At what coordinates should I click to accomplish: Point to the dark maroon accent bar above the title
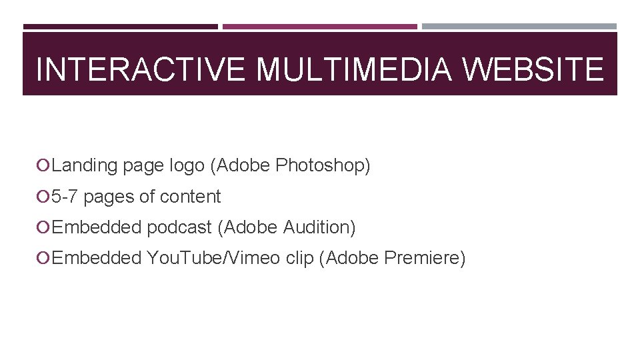coord(121,27)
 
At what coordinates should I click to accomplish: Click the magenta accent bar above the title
coord(319,27)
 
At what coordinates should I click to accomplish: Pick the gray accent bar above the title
coord(519,27)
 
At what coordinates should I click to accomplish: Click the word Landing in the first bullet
coord(85,165)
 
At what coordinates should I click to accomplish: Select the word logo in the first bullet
coord(187,165)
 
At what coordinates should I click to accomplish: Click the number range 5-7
coord(65,197)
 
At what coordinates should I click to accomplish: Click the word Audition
coord(319,227)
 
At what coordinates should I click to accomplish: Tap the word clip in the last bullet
coord(299,258)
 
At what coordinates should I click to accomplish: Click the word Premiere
coord(425,258)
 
